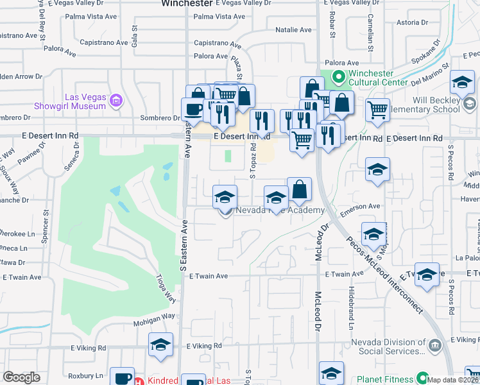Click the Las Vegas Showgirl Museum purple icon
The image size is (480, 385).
[x=116, y=99]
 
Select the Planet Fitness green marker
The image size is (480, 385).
[x=422, y=378]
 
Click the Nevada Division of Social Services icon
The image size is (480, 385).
[x=435, y=346]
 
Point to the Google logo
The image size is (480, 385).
[x=21, y=377]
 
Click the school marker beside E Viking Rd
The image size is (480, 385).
[x=160, y=345]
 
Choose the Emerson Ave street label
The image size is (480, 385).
[x=361, y=207]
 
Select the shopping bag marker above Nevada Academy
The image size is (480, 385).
[x=299, y=189]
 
